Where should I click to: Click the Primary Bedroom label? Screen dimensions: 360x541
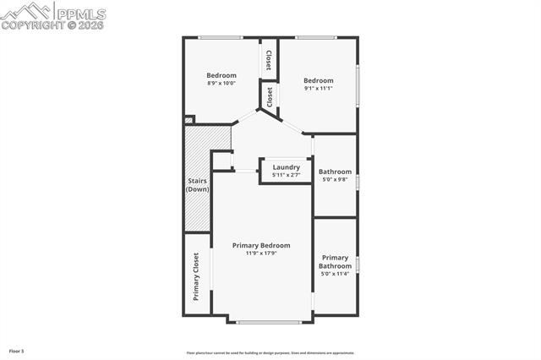click(261, 245)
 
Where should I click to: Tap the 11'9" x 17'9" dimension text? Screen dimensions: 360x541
click(261, 253)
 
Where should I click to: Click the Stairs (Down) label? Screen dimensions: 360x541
click(197, 185)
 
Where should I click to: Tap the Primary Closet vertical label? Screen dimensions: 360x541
click(196, 276)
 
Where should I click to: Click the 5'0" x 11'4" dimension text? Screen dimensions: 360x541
click(335, 274)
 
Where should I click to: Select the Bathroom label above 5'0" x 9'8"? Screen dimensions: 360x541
click(335, 172)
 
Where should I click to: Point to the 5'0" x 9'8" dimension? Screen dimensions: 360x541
click(335, 179)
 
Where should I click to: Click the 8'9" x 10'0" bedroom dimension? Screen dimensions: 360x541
click(221, 83)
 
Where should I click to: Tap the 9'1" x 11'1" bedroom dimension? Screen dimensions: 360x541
click(319, 88)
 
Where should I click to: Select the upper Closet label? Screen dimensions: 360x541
click(269, 60)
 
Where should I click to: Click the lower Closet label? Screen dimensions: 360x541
click(270, 96)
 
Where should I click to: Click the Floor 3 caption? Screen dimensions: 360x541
click(17, 350)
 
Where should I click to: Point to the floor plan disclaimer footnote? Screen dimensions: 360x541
click(270, 353)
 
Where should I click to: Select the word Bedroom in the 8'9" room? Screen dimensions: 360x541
click(221, 75)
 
